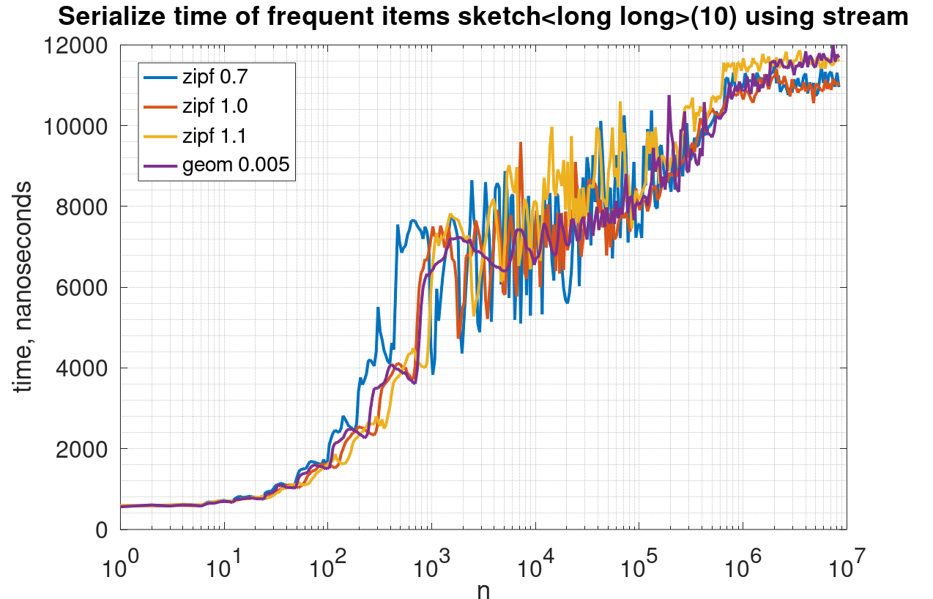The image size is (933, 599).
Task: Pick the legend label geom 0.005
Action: tap(236, 166)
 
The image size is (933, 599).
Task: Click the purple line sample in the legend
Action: tap(160, 166)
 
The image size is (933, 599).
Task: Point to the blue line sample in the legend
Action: tap(160, 75)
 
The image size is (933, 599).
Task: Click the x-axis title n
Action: tap(483, 589)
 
